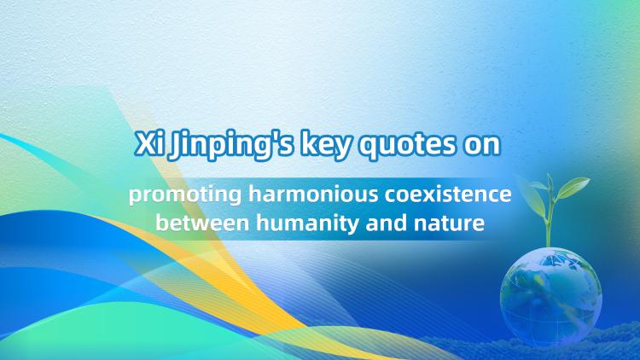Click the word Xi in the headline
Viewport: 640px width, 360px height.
pyautogui.click(x=148, y=144)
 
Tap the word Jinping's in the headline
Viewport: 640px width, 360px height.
pyautogui.click(x=231, y=145)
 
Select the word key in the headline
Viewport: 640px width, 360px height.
pyautogui.click(x=326, y=145)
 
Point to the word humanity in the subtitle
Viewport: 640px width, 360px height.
pyautogui.click(x=307, y=224)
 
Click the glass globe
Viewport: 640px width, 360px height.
pyautogui.click(x=550, y=294)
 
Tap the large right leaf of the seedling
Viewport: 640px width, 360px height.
pyautogui.click(x=573, y=188)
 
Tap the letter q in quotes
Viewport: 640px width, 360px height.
pyautogui.click(x=367, y=149)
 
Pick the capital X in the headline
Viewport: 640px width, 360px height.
pyautogui.click(x=144, y=144)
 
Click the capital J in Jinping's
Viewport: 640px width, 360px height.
pyautogui.click(x=175, y=147)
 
